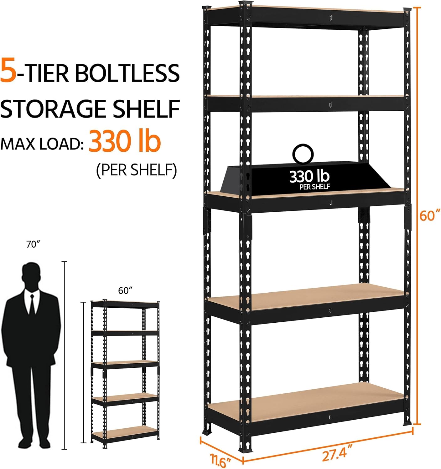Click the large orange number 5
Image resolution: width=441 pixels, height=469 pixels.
point(8,72)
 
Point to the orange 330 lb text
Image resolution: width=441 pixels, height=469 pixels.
point(125,142)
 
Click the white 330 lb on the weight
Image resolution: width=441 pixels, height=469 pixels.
point(309,177)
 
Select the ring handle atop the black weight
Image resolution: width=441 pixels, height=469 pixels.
point(303,154)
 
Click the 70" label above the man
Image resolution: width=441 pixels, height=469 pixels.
point(34,245)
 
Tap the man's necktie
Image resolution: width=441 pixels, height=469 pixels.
point(32,305)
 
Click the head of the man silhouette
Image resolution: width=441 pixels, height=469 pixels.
point(33,274)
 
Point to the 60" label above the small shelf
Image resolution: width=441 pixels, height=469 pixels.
point(124,291)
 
